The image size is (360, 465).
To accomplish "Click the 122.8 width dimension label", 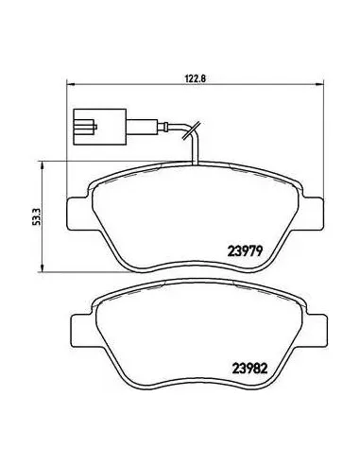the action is (196, 78).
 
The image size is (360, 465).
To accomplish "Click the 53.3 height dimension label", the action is (38, 217).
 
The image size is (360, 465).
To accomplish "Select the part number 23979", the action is (245, 250).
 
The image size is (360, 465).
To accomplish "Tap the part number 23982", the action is (249, 369).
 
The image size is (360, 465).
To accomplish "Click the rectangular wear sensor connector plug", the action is (100, 127).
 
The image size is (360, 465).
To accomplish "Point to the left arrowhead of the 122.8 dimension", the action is (70, 84).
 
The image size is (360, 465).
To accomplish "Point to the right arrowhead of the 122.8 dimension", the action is (320, 84).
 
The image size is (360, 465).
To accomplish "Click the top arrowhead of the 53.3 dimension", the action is (42, 164).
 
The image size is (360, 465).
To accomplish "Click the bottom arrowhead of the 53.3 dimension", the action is (42, 267).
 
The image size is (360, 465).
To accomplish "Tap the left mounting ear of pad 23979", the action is (77, 214).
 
